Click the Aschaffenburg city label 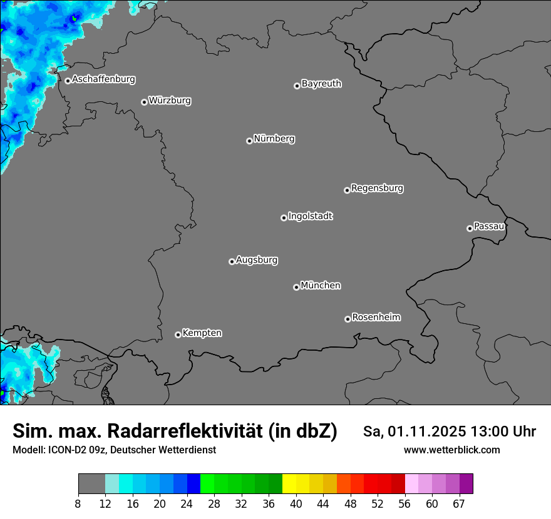pyautogui.click(x=103, y=79)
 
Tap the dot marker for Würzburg pyautogui.click(x=144, y=102)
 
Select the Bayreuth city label pyautogui.click(x=321, y=83)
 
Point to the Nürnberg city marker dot pyautogui.click(x=249, y=141)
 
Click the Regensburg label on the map pyautogui.click(x=377, y=188)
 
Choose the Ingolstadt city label pyautogui.click(x=310, y=216)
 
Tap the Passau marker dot pyautogui.click(x=470, y=228)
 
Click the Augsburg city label pyautogui.click(x=257, y=259)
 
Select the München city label pyautogui.click(x=321, y=285)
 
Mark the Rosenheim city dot pyautogui.click(x=348, y=320)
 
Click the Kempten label pyautogui.click(x=202, y=333)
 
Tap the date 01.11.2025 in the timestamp pyautogui.click(x=427, y=431)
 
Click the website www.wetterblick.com pyautogui.click(x=451, y=450)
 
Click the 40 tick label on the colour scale pyautogui.click(x=296, y=503)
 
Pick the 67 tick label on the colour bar pyautogui.click(x=459, y=503)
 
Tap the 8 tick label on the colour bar pyautogui.click(x=78, y=503)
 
